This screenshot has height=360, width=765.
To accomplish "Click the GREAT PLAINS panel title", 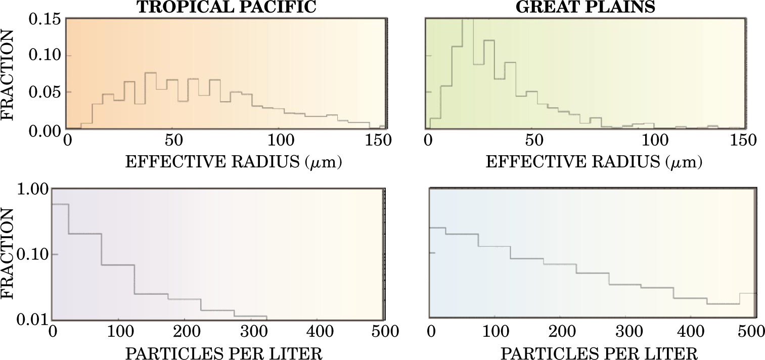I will (584, 7).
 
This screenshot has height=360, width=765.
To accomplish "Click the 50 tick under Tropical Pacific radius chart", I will (173, 140).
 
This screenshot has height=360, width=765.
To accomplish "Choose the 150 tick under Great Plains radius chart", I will (744, 140).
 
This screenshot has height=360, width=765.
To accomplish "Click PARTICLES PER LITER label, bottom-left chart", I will (223, 352).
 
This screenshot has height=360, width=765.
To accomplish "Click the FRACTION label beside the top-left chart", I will (9, 76).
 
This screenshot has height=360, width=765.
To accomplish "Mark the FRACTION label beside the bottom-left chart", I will (9, 254).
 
